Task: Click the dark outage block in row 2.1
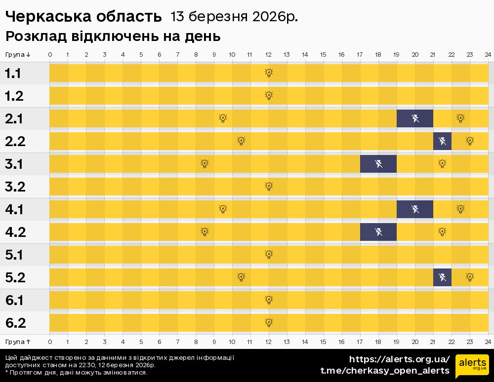[x=415, y=118]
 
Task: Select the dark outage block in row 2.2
[x=442, y=141]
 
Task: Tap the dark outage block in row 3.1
[x=378, y=164]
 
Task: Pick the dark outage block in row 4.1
[x=415, y=209]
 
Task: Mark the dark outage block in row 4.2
[x=378, y=232]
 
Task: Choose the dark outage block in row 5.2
[x=442, y=277]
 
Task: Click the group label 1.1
[x=13, y=74]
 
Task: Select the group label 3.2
[x=15, y=187]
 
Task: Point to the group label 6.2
[x=15, y=323]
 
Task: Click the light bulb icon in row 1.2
[x=269, y=96]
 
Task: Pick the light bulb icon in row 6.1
[x=269, y=300]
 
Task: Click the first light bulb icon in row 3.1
[x=205, y=164]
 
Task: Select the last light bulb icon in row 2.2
[x=470, y=141]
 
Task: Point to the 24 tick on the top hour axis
[x=488, y=54]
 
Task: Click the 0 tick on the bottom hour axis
[x=50, y=342]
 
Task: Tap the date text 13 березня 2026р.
[x=234, y=17]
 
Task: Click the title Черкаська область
[x=83, y=17]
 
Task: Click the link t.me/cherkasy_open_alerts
[x=385, y=371]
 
